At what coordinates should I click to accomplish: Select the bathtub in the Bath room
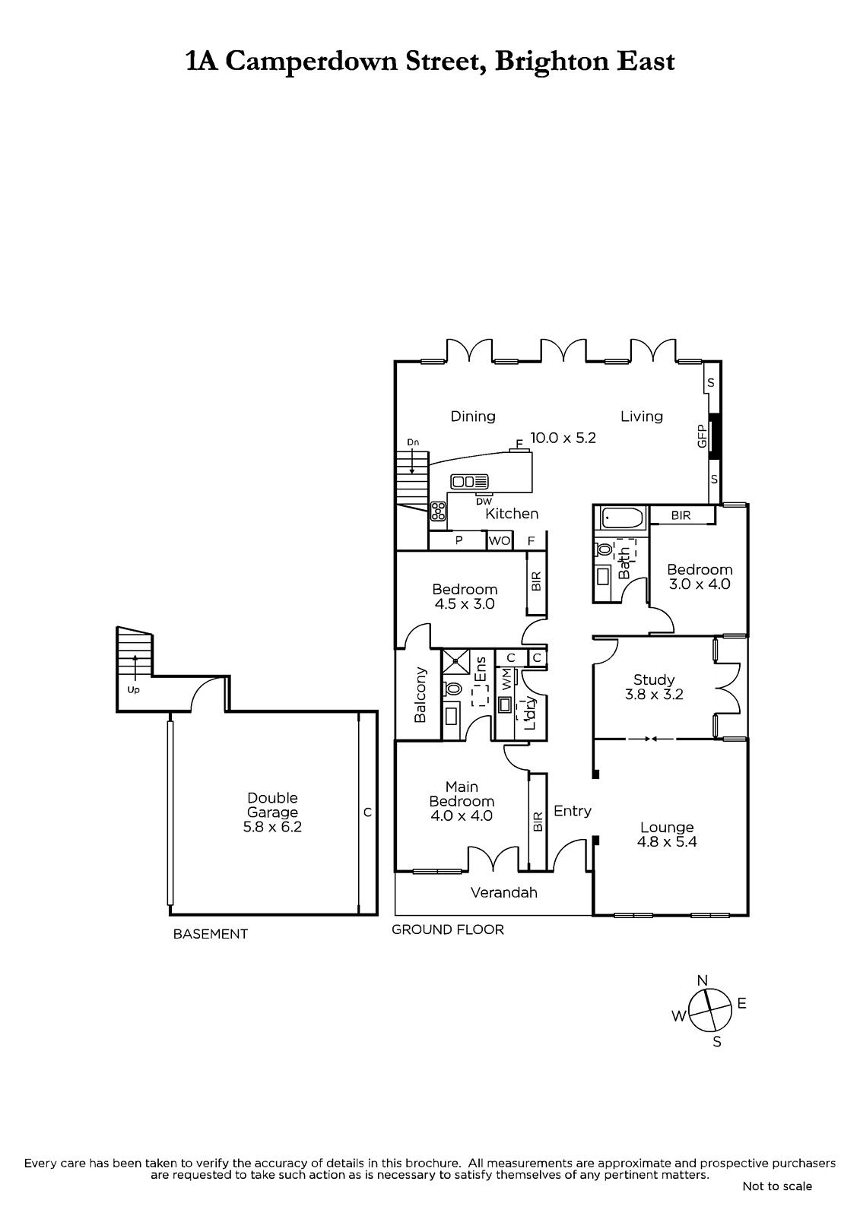pos(619,518)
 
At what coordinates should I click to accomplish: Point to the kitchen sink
pos(469,482)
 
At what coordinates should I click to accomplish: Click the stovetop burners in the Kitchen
pos(438,511)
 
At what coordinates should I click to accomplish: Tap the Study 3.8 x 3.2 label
pos(654,687)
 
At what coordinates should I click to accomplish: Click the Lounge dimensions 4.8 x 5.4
pos(667,841)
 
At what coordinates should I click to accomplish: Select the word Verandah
pos(503,892)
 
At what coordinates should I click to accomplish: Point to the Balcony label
pos(420,695)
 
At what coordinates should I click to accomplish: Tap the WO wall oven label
pos(500,541)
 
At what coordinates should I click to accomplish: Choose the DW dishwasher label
pos(484,502)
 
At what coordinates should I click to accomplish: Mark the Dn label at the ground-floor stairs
pos(413,442)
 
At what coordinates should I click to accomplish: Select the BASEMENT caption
pos(210,934)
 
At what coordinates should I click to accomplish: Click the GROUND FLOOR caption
pos(448,929)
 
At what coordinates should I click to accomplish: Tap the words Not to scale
pos(777,1186)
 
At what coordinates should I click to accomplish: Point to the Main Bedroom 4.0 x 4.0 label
pos(462,801)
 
